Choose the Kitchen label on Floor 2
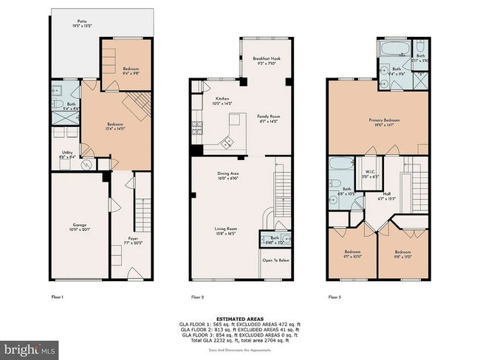tap(222, 101)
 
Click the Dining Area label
tap(227, 175)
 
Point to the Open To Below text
tap(275, 260)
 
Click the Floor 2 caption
tap(197, 297)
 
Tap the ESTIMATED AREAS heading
tap(240, 318)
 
